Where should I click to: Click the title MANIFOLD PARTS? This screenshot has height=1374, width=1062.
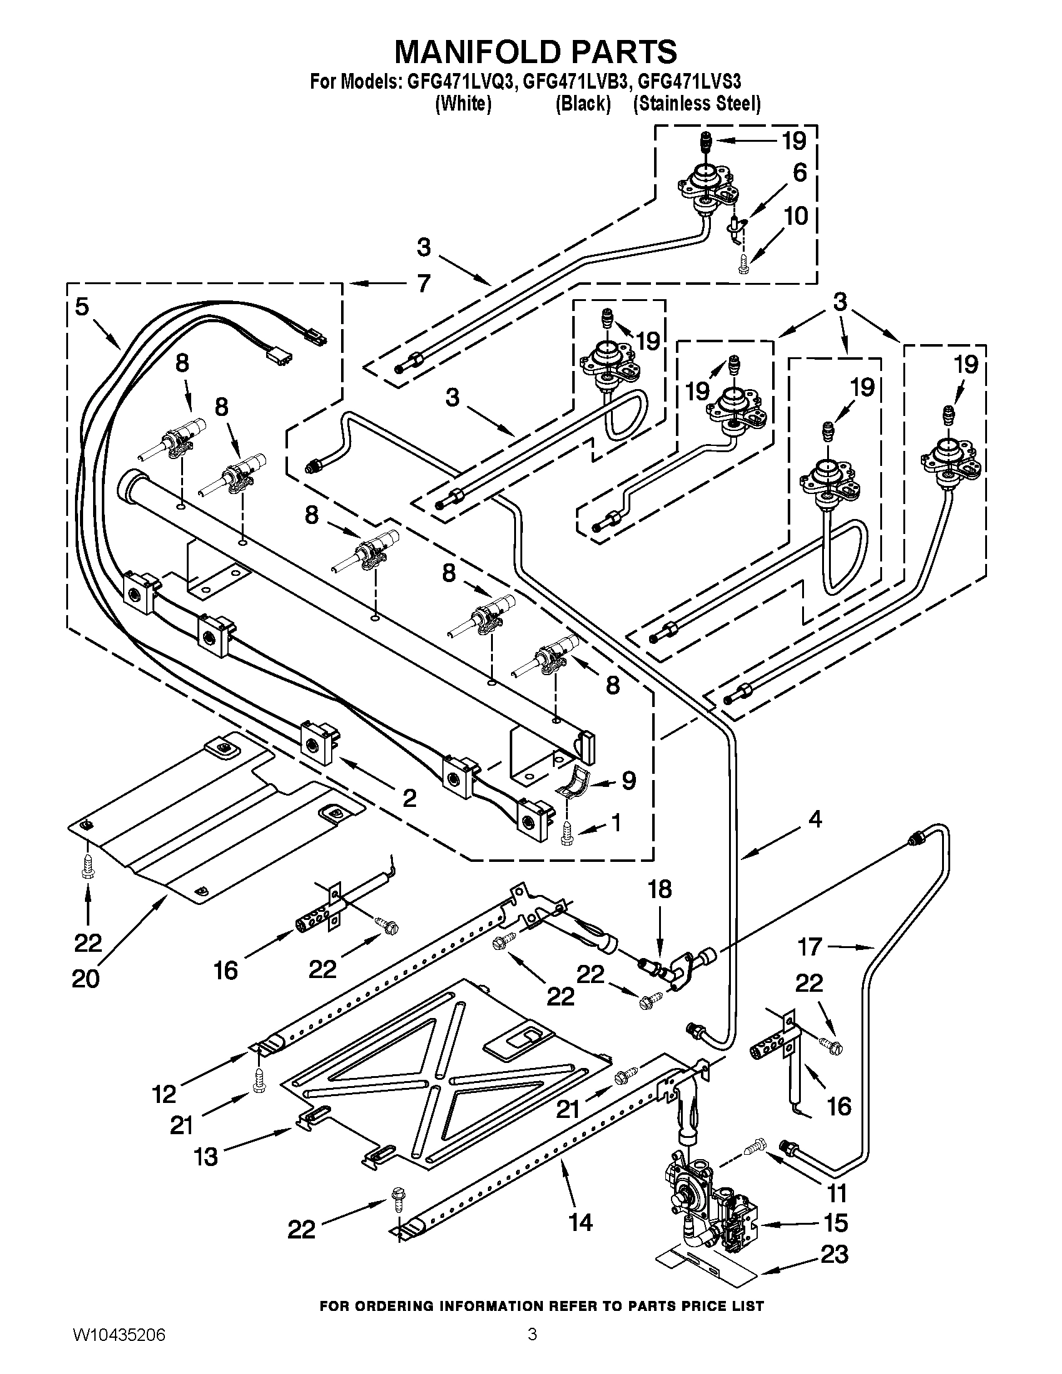535,52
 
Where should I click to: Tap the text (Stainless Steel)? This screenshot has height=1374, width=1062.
697,104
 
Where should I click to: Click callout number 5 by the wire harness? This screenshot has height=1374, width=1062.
82,308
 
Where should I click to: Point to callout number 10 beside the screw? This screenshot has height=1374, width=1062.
796,217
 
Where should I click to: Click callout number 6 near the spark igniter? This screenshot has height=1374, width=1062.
800,172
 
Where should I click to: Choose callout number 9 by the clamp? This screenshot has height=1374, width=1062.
628,781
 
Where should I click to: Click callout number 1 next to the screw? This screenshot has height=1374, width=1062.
616,822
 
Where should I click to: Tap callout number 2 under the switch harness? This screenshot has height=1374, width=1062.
409,798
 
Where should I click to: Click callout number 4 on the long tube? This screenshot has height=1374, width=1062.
815,819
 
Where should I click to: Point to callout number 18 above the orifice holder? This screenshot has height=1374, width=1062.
659,889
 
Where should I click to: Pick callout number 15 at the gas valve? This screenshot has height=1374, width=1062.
835,1222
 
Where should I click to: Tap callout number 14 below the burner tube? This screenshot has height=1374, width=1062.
580,1222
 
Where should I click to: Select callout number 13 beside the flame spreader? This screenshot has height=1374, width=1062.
206,1156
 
